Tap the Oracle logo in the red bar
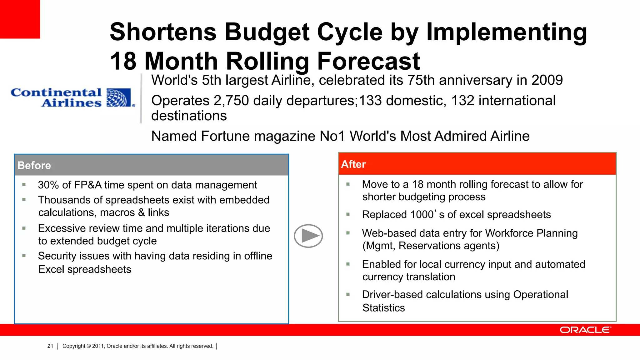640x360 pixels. tap(585, 330)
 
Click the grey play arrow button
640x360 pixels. tap(308, 236)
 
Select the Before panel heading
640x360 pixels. tap(34, 165)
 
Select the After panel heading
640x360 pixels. tap(353, 164)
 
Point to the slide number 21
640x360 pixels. tap(50, 346)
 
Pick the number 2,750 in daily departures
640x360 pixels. tap(231, 101)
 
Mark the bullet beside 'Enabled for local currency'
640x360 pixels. tap(348, 264)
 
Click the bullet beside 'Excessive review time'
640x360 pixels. tap(24, 228)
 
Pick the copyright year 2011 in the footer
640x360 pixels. tap(98, 346)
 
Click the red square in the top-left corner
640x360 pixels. tap(20, 19)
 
